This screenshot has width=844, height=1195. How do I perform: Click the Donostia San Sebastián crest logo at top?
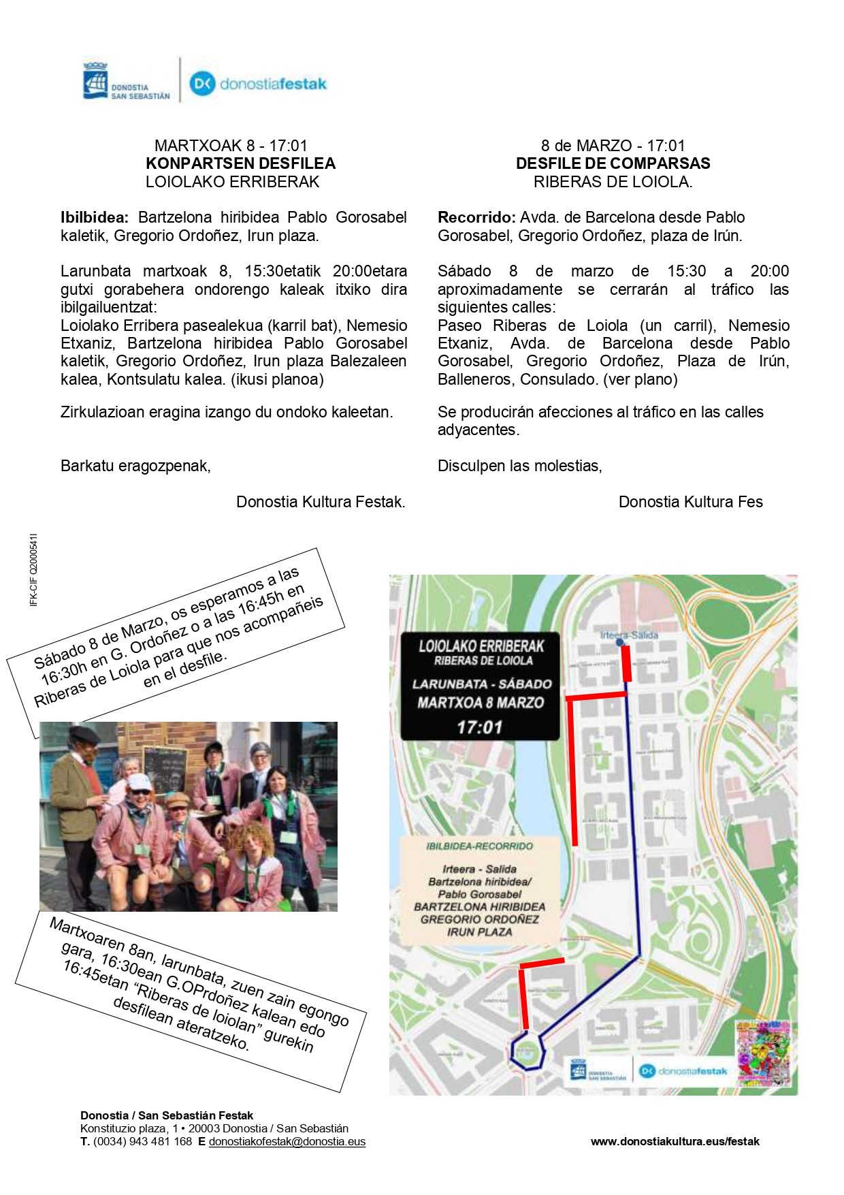coord(95,81)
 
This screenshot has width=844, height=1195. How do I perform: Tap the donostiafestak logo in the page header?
coord(258,84)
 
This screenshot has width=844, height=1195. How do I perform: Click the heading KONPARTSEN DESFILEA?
coord(240,163)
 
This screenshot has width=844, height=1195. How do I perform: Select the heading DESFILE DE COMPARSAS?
coord(613,163)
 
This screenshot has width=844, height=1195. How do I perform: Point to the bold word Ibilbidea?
coord(94,217)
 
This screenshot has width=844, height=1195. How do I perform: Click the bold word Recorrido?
coord(476,217)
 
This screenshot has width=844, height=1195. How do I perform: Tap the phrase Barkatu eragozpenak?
coord(135,466)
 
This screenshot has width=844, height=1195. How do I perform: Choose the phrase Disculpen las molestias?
coord(519,466)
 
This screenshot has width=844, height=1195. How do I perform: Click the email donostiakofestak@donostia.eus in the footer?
coord(287,1141)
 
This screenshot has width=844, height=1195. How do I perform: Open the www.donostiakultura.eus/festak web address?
coord(675,1141)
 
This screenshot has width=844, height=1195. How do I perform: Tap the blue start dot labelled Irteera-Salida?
coord(619,642)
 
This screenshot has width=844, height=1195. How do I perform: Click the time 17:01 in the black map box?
coord(479,727)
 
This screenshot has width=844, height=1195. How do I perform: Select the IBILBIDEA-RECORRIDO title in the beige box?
coord(479,846)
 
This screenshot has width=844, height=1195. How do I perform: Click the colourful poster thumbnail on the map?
coord(762,1053)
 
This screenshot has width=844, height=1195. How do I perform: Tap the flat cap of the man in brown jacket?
coord(85,735)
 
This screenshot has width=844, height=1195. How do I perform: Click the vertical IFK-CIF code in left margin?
coord(34,569)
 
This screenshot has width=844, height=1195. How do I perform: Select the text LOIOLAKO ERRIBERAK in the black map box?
coord(481,646)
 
